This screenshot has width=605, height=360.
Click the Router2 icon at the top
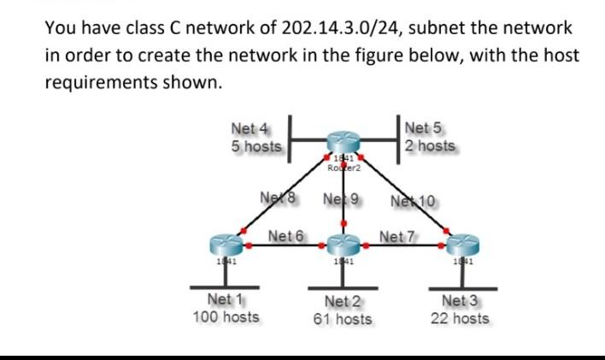tap(344, 142)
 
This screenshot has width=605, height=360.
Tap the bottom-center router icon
tap(344, 244)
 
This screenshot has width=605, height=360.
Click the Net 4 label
tap(250, 129)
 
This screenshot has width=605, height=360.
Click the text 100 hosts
tap(226, 317)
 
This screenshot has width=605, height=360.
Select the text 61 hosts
tap(344, 319)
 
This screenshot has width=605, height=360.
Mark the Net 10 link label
tap(413, 201)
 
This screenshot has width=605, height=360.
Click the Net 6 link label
tap(286, 235)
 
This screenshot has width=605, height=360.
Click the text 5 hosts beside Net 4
tap(256, 146)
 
